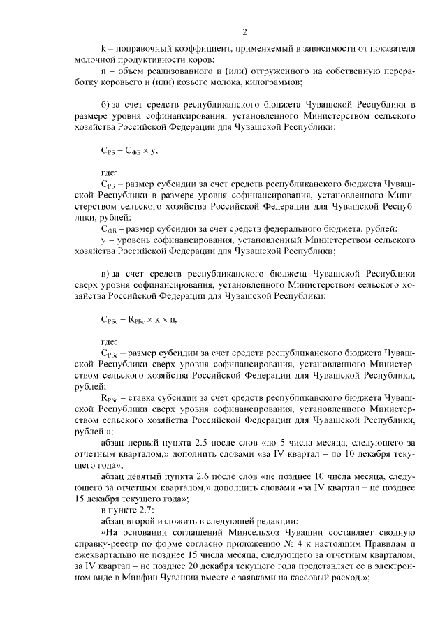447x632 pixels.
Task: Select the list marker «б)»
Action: pyautogui.click(x=107, y=105)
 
